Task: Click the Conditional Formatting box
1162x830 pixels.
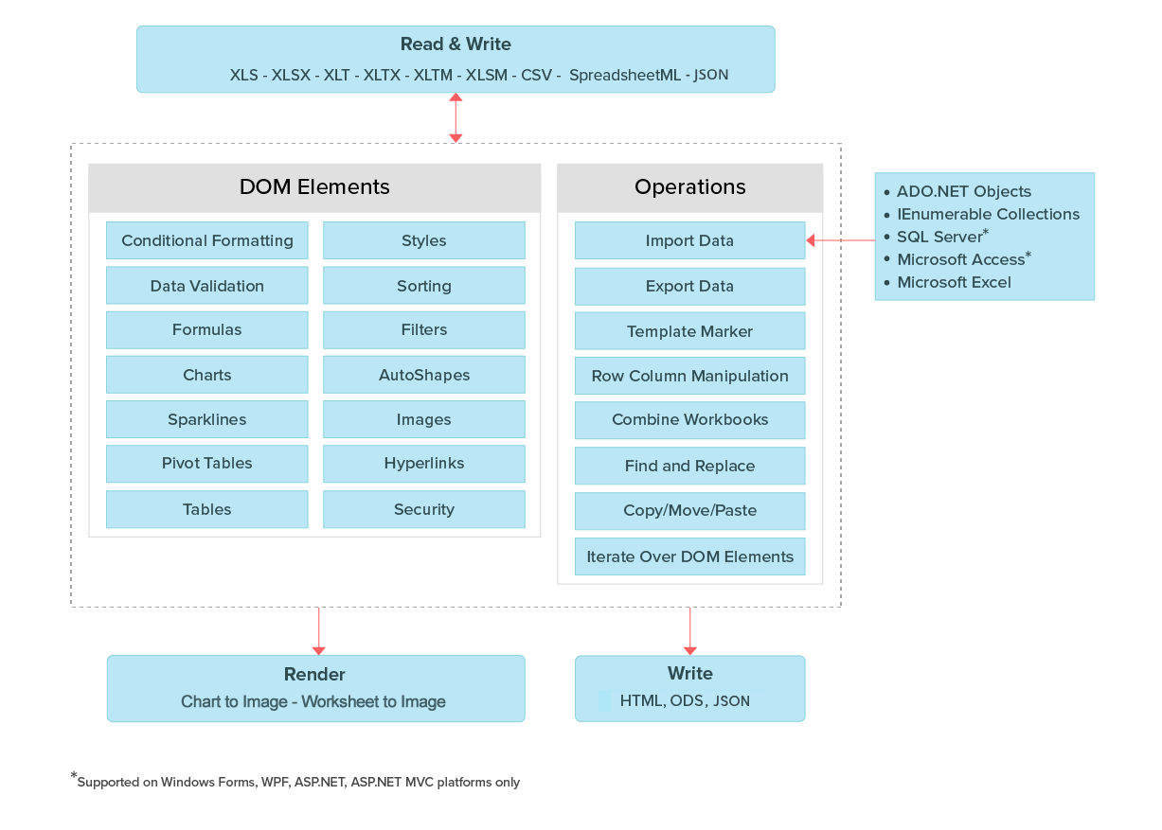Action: [207, 240]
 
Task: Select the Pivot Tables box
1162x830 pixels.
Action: [207, 464]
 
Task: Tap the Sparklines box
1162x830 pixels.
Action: [207, 419]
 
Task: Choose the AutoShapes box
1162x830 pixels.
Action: [423, 375]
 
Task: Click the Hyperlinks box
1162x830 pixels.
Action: [423, 464]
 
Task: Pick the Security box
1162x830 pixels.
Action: [423, 509]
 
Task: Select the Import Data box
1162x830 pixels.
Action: [689, 240]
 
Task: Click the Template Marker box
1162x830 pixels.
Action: [689, 331]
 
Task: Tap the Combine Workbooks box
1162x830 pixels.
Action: [689, 419]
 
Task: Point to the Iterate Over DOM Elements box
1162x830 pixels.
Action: [689, 556]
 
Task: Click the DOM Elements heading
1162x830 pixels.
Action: [314, 187]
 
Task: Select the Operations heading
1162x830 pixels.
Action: [689, 187]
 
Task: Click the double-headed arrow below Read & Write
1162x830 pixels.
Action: [456, 117]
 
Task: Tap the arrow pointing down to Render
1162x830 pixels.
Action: [318, 630]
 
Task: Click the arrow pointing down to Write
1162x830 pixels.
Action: [689, 630]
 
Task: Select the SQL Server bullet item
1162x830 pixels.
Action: [941, 237]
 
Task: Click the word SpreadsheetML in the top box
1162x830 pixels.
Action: [624, 75]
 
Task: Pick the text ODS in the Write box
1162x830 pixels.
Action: [687, 701]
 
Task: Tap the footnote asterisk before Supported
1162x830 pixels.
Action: [74, 778]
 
